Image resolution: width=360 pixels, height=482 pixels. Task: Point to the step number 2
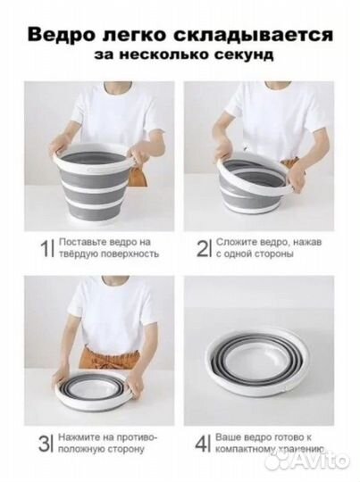pyautogui.click(x=204, y=247)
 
